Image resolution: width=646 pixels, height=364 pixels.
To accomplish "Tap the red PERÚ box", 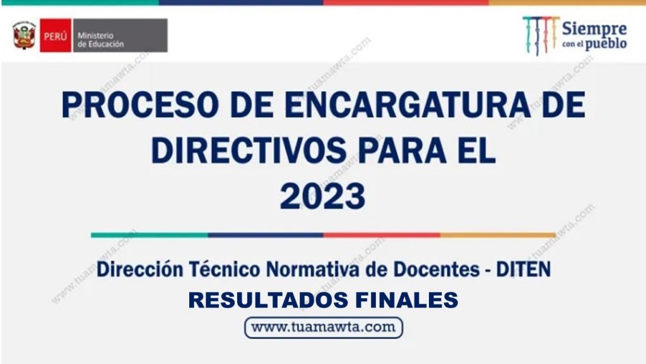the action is (56, 35).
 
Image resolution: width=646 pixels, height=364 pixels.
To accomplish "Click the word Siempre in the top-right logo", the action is (594, 29).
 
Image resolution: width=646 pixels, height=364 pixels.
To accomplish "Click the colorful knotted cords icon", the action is (541, 35).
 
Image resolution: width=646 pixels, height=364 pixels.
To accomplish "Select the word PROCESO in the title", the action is (139, 106).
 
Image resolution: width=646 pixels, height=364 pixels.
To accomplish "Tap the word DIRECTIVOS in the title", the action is (249, 150).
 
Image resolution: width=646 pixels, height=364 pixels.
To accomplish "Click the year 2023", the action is (322, 196).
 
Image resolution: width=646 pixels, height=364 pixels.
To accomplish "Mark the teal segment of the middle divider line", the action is (150, 235).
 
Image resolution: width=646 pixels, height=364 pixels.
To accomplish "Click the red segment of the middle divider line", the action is (382, 235).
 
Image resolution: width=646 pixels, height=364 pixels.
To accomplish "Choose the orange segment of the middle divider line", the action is (498, 235).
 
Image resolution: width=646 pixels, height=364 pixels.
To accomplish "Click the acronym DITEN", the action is (523, 269).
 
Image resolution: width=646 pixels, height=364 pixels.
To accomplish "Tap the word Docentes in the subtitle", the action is (437, 269).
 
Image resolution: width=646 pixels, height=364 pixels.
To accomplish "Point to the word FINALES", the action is (407, 300).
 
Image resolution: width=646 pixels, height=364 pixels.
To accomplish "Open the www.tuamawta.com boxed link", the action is (324, 328).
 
